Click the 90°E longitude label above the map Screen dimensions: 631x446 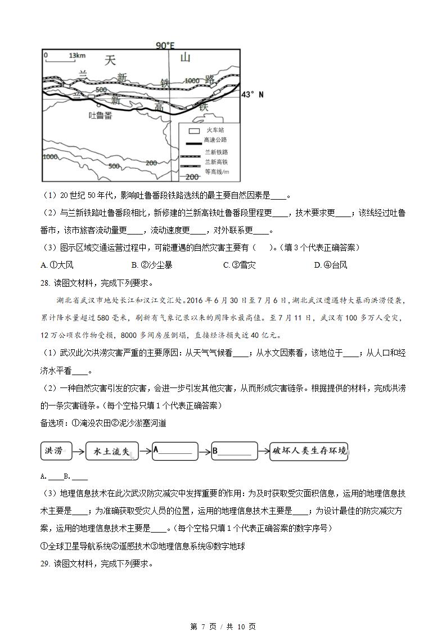pyautogui.click(x=168, y=46)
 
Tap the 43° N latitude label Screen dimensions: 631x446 pyautogui.click(x=252, y=94)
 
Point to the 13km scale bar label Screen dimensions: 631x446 pyautogui.click(x=76, y=56)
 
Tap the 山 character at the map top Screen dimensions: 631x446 pyautogui.click(x=186, y=58)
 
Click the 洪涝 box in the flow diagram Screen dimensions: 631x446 pyautogui.click(x=57, y=450)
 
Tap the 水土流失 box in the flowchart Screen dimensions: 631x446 pyautogui.click(x=112, y=450)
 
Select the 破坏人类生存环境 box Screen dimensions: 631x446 pyautogui.click(x=308, y=450)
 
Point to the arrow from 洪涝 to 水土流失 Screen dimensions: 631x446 pyautogui.click(x=79, y=450)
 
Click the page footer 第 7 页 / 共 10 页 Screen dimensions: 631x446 pyautogui.click(x=223, y=626)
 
